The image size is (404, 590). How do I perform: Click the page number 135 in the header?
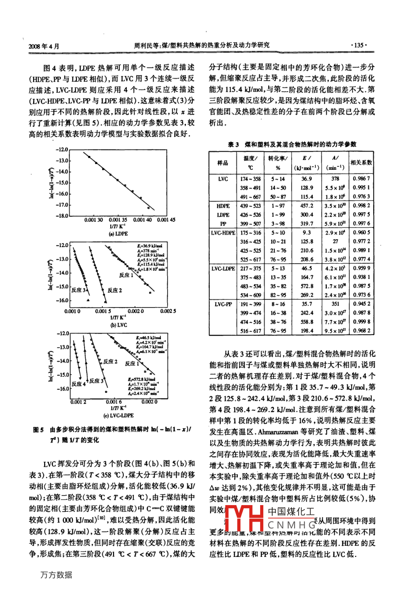tap(359, 45)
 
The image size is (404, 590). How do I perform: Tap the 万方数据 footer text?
tap(56, 575)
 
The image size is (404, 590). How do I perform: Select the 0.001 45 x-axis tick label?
tap(166, 220)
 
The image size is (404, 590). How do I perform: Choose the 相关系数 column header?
tap(361, 163)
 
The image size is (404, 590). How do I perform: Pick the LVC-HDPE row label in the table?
tap(223, 233)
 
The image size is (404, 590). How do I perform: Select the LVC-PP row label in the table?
tap(223, 304)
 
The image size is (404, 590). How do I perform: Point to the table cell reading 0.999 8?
tap(361, 322)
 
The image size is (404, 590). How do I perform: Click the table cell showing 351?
tap(335, 304)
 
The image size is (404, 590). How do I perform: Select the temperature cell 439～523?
tap(250, 206)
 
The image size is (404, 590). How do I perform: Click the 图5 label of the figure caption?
tap(38, 430)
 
